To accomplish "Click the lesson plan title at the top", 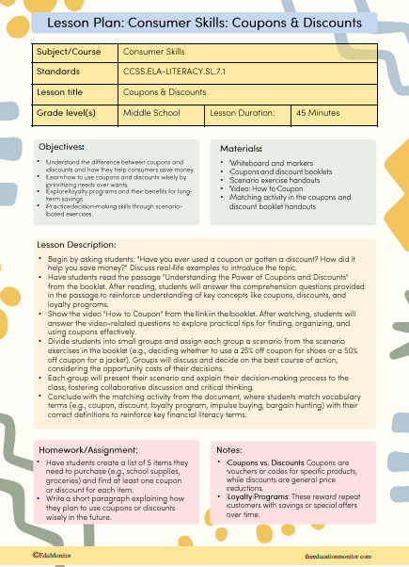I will click(204, 22).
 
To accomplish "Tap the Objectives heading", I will click(61, 148).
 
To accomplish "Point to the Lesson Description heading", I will click(78, 244).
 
